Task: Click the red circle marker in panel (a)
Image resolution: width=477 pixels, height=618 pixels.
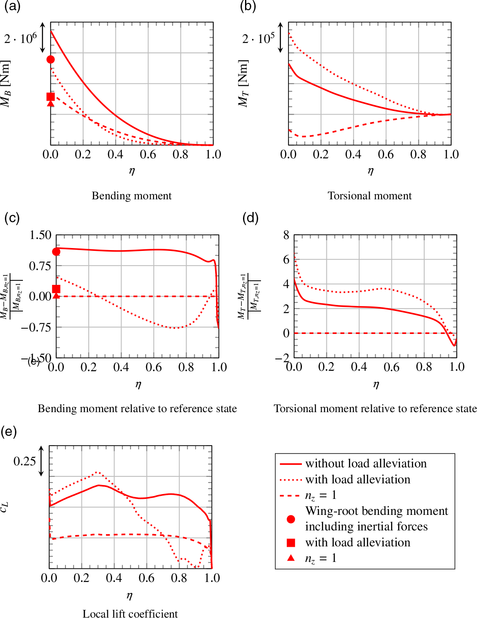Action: (51, 59)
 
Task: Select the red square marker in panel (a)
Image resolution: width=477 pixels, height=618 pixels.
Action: (51, 97)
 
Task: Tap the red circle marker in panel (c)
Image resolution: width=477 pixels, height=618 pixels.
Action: (56, 252)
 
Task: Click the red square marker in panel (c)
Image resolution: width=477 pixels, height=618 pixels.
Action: (56, 289)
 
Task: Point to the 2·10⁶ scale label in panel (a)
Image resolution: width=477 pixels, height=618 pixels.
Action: (20, 38)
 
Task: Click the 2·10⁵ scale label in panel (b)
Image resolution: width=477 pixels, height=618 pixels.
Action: (258, 38)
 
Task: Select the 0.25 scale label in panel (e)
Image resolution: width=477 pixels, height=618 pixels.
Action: (25, 461)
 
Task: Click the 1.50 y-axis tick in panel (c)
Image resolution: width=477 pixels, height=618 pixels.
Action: (40, 235)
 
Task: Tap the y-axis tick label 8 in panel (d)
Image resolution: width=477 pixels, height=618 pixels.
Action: (286, 235)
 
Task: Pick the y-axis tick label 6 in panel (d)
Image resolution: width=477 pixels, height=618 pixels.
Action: (286, 259)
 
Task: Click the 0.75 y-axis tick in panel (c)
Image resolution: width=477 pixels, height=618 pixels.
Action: (40, 266)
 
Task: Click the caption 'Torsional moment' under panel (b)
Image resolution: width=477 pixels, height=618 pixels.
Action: (369, 196)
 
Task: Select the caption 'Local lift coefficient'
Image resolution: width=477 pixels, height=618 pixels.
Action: (130, 613)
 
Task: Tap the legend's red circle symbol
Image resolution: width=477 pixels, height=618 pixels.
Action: (291, 519)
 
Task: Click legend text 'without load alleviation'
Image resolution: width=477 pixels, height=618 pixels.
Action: (366, 463)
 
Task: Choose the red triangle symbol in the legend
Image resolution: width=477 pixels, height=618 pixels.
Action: (291, 558)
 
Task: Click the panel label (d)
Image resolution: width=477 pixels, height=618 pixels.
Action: (250, 218)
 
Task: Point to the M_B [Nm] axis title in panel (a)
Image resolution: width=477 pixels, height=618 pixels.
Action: (5, 84)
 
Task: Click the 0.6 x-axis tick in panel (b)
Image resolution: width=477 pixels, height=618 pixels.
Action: (386, 154)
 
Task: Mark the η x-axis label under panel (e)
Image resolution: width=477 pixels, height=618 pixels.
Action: (130, 595)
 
